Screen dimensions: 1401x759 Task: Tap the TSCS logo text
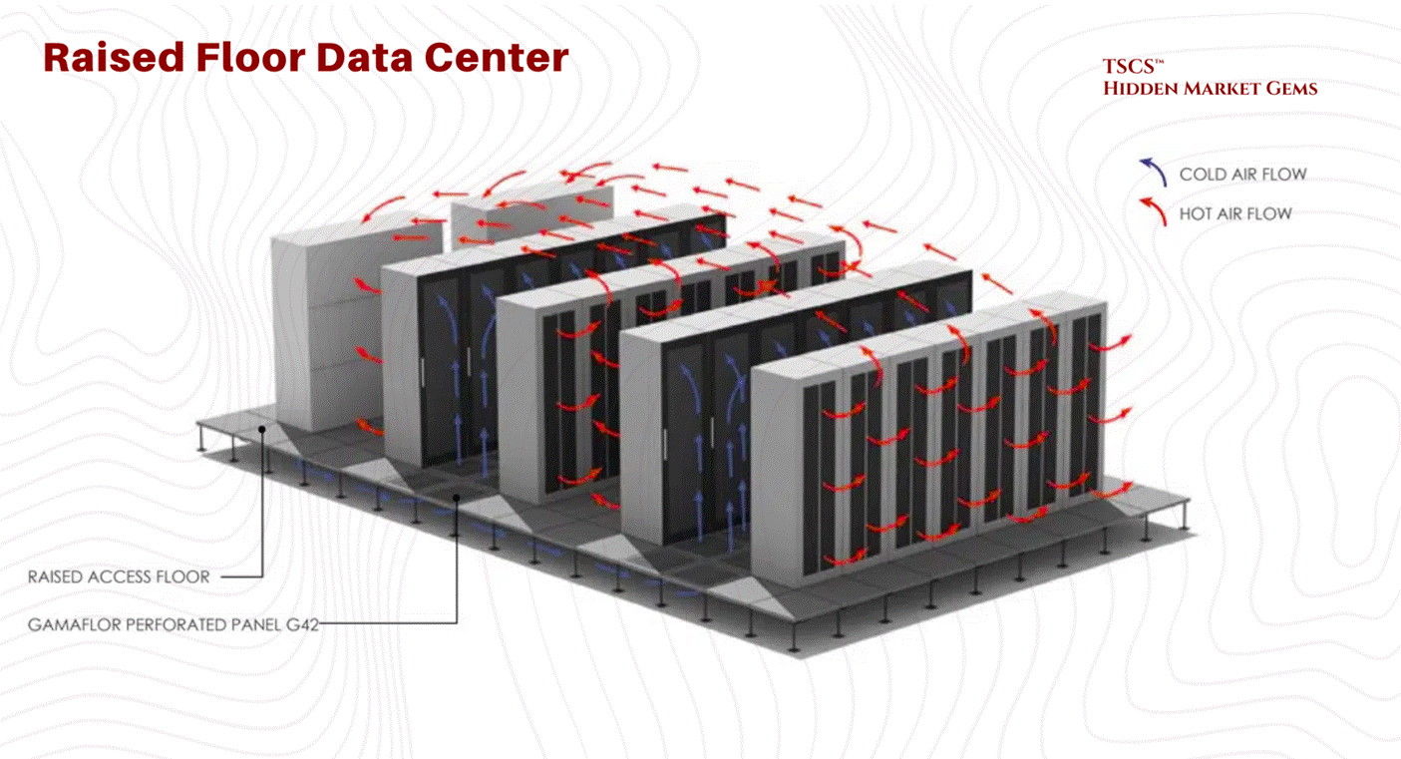[x=1131, y=68]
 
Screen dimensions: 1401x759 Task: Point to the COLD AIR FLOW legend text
[x=1242, y=175]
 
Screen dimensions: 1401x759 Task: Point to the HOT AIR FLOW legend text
[x=1235, y=213]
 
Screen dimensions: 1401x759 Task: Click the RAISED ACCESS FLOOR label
[x=119, y=576]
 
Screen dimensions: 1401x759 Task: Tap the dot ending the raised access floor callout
[x=262, y=430]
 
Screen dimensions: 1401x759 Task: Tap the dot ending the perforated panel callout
[x=457, y=496]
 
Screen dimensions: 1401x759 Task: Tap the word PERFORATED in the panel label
[x=164, y=625]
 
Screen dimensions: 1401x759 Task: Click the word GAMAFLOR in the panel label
[x=70, y=625]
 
